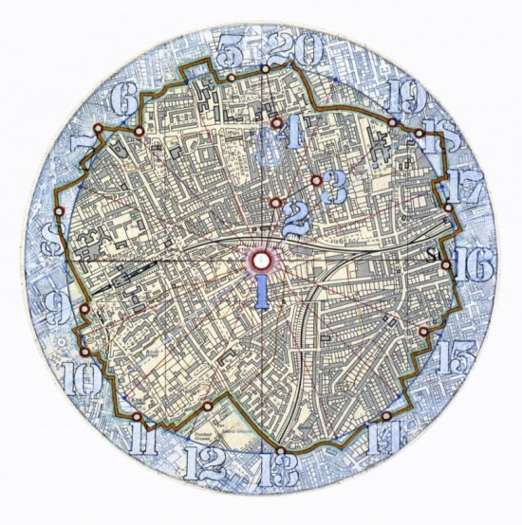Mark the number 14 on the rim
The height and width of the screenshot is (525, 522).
tap(391, 437)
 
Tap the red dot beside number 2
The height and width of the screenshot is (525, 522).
tap(275, 203)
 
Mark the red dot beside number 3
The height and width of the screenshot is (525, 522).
tap(315, 180)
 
